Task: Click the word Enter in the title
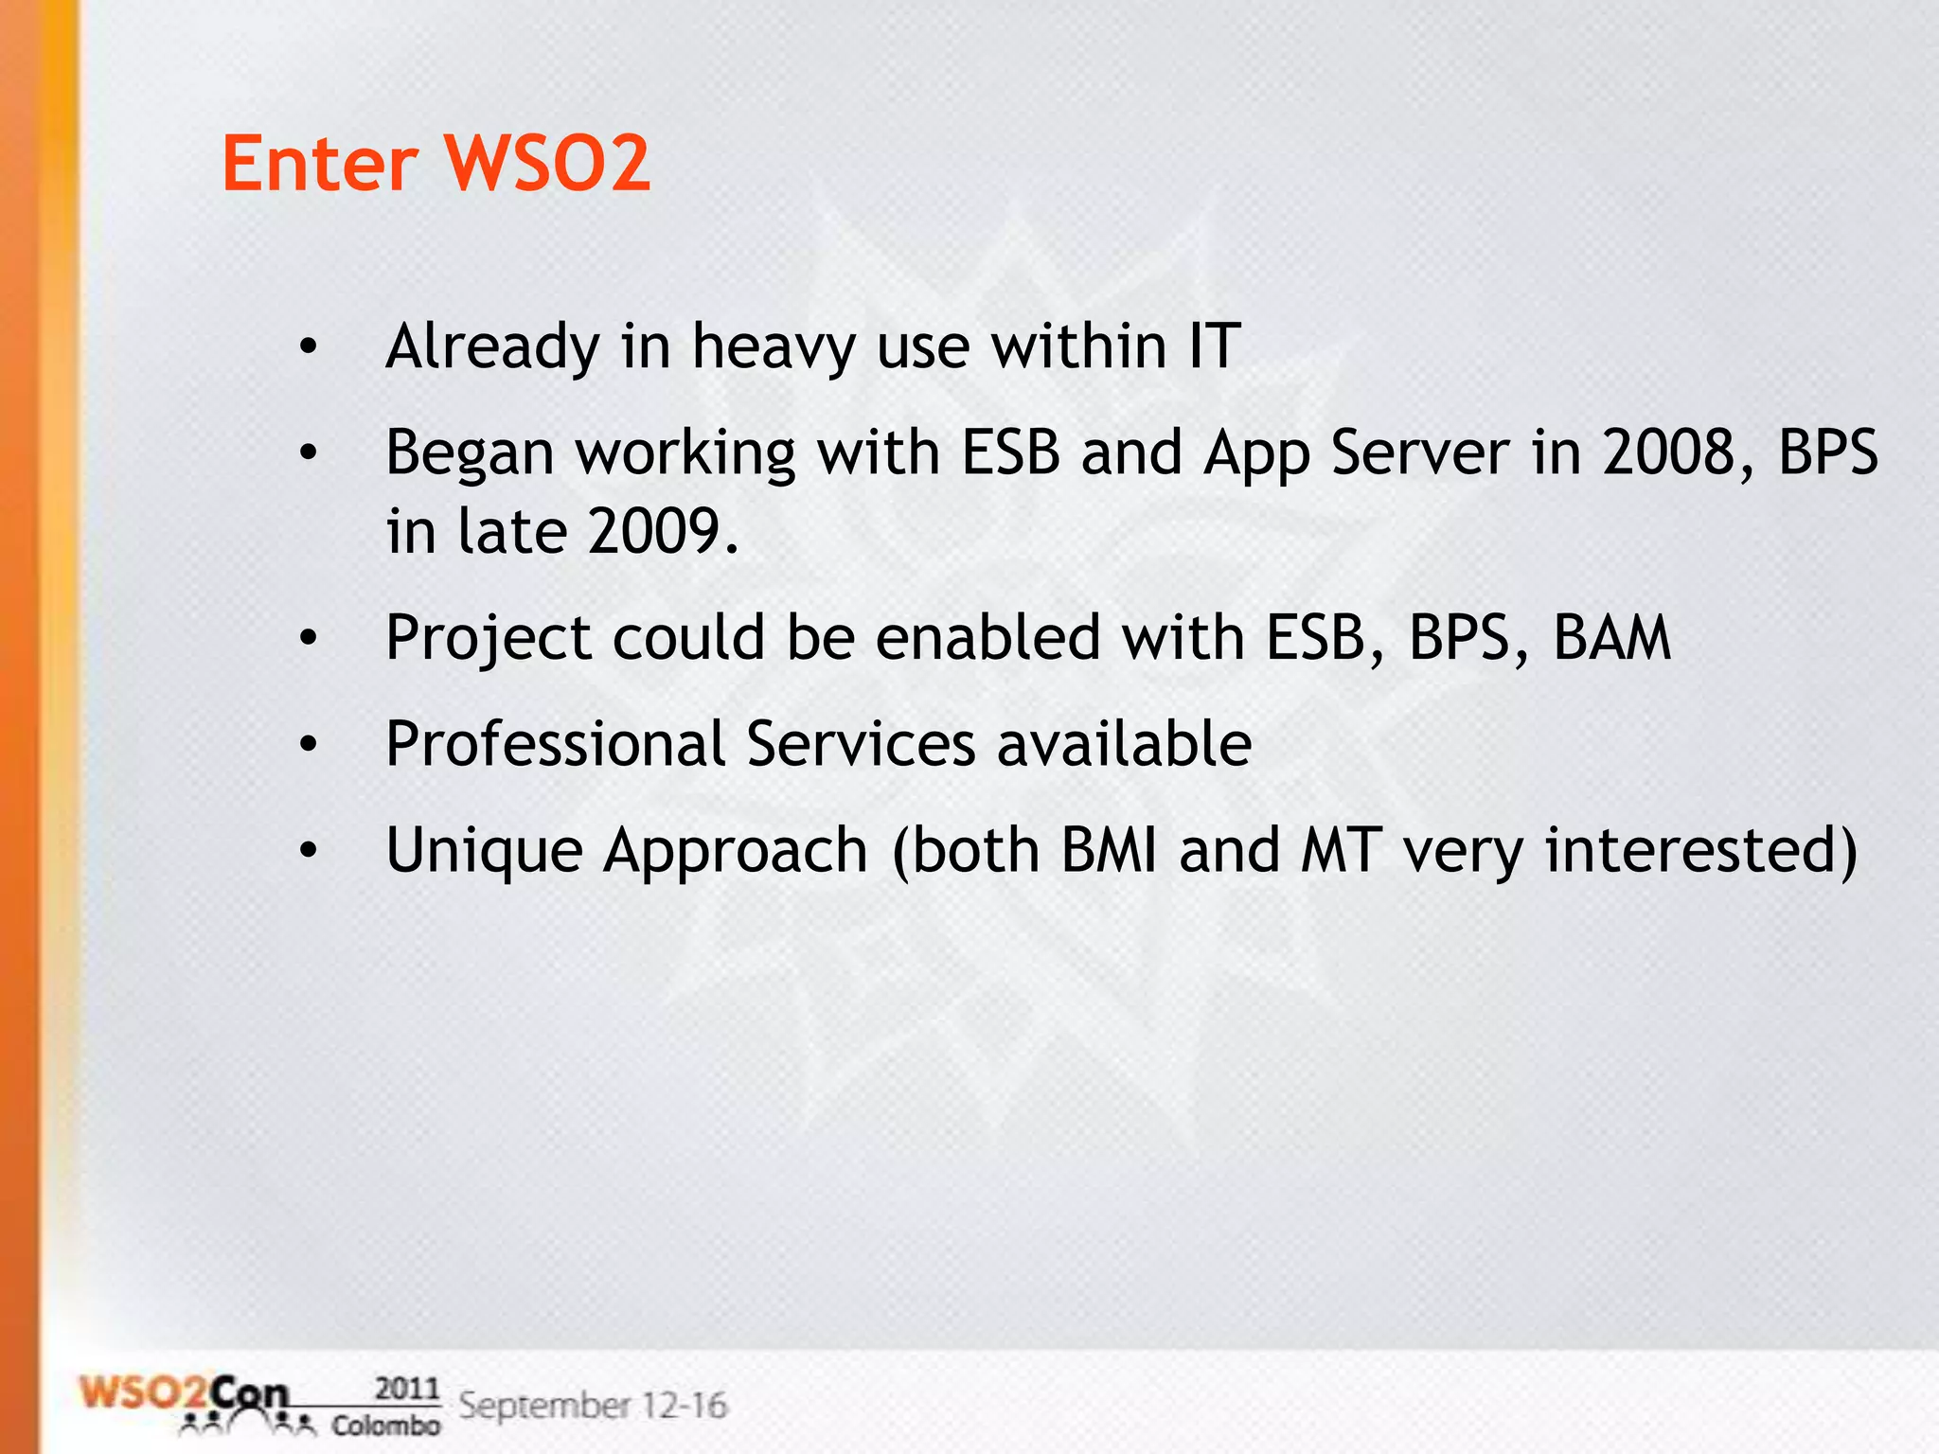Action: coord(319,163)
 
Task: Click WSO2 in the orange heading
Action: coord(547,163)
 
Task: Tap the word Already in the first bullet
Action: coord(492,346)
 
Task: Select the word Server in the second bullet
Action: coord(1419,452)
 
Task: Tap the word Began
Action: coord(470,452)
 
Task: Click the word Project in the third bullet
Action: coord(489,638)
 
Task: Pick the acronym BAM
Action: coord(1611,637)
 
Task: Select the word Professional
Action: coord(556,744)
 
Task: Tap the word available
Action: coord(1124,744)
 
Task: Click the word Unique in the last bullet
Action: coord(484,851)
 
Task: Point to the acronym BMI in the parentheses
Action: coord(1109,849)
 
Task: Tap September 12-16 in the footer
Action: coord(593,1405)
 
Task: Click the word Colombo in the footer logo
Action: coord(385,1426)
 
